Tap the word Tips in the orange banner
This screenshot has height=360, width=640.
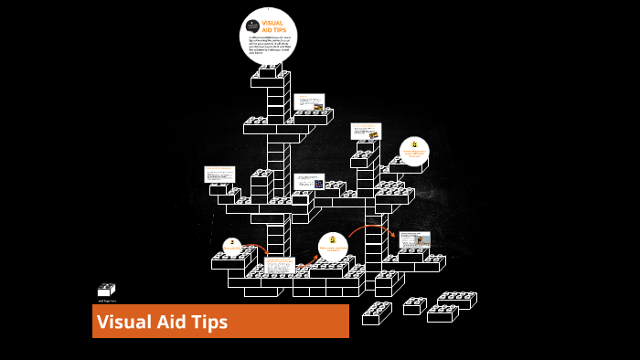209,322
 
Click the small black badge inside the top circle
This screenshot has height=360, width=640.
252,26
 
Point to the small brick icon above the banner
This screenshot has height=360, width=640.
106,290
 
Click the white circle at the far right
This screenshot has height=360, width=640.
414,150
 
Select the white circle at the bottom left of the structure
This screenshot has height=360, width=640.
233,247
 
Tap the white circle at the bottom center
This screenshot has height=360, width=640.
333,245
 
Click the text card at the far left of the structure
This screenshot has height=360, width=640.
219,174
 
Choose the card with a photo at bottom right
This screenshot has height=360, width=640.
414,239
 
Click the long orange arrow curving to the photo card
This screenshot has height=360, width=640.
370,228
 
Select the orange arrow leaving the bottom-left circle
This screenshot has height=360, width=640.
258,249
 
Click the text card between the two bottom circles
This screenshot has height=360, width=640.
280,265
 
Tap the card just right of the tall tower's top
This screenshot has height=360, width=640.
309,101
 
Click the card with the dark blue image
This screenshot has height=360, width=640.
309,181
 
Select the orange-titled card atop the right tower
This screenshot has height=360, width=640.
366,131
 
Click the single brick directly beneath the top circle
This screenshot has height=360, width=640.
270,71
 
